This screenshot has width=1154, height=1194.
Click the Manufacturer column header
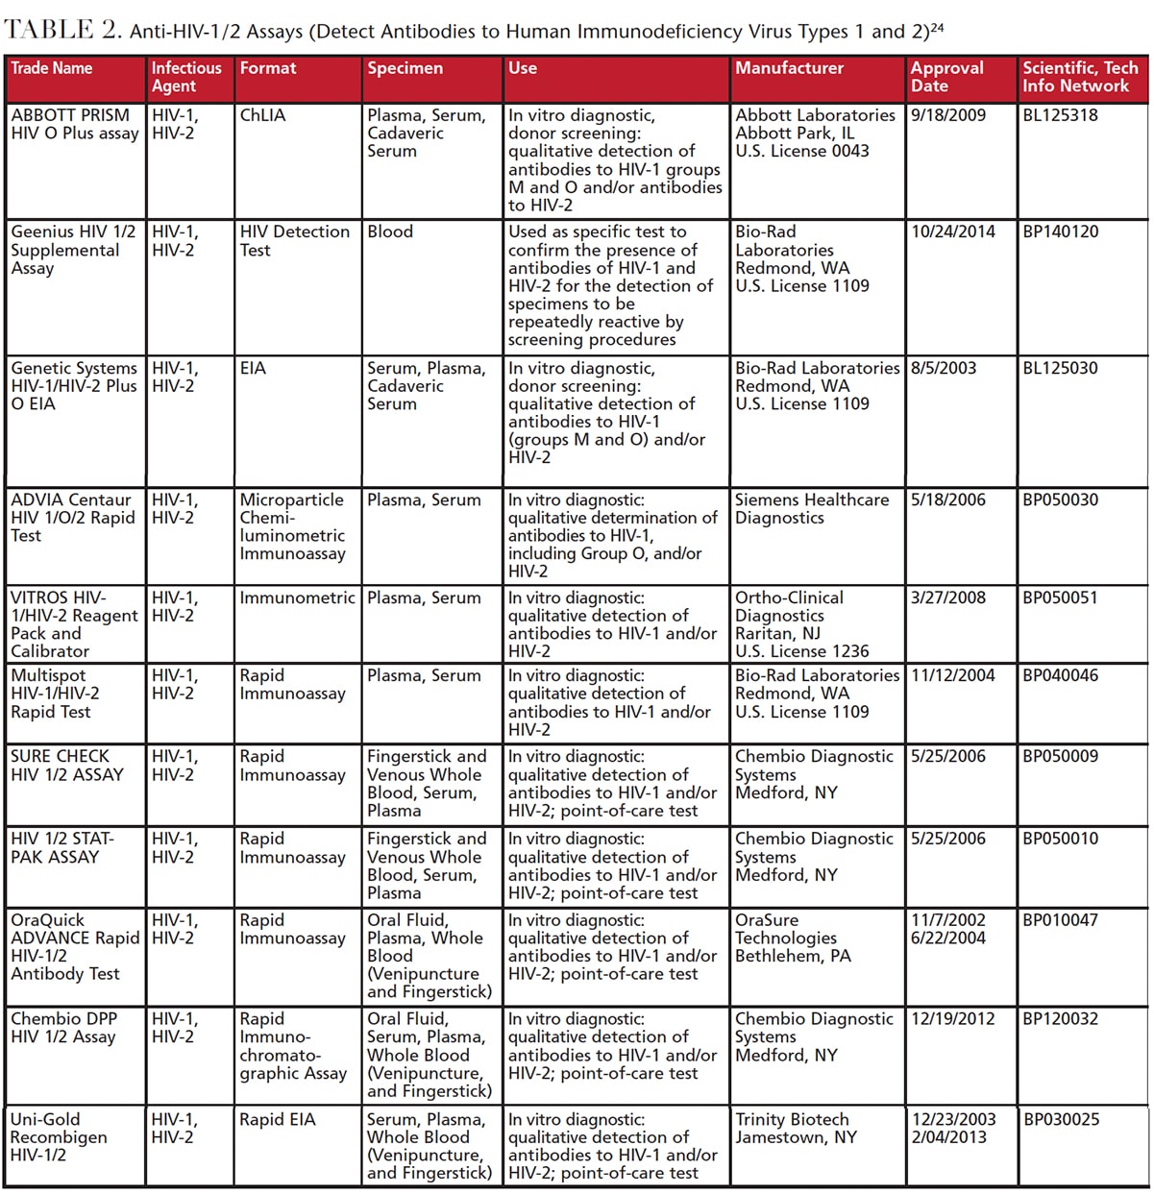(x=789, y=68)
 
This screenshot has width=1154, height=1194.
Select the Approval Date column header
(x=946, y=77)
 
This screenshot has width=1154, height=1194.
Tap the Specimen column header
(x=405, y=68)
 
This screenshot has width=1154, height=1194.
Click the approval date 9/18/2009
(x=948, y=115)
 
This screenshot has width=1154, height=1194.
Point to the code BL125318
(x=1060, y=115)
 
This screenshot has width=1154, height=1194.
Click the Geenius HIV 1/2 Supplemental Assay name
(x=73, y=250)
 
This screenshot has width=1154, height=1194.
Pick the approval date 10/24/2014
(x=953, y=231)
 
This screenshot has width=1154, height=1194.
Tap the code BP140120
(x=1060, y=231)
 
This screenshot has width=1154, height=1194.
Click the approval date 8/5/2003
(x=944, y=368)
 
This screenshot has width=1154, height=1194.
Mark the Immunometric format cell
(x=297, y=597)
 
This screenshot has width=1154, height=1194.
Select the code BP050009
(x=1060, y=756)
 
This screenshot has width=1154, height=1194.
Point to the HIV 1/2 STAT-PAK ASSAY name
(x=62, y=847)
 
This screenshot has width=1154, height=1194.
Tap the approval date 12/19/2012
(x=953, y=1018)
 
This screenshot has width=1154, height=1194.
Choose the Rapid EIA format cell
(x=278, y=1119)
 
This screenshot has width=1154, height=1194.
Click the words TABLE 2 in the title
(x=63, y=29)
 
